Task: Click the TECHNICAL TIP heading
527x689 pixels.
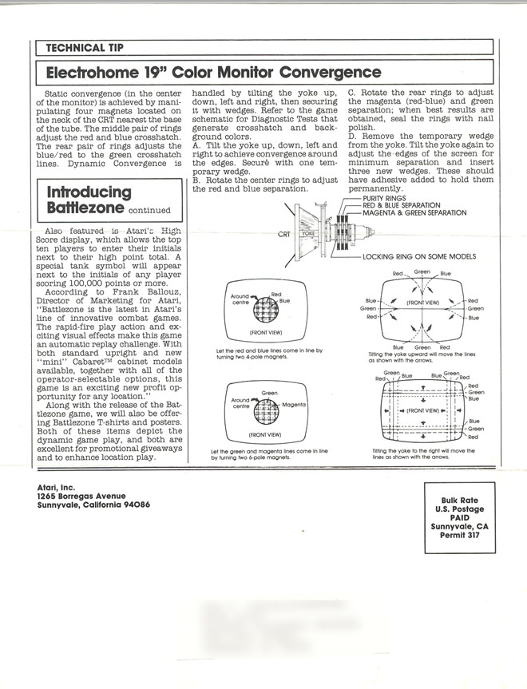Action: [x=85, y=47]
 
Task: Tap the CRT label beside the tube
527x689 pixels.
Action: [x=284, y=235]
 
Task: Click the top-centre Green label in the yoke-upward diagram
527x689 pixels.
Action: [x=422, y=272]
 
